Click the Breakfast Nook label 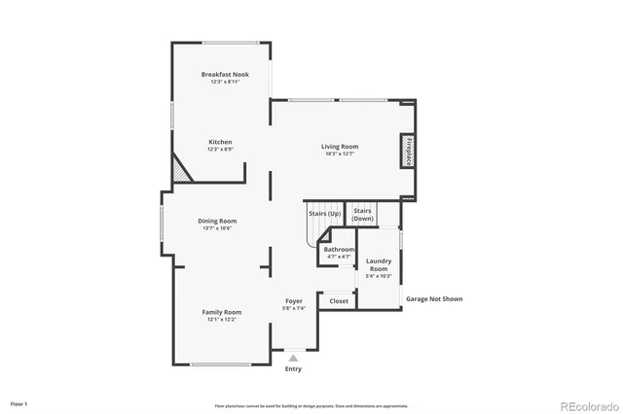click(x=221, y=75)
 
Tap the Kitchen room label click(x=219, y=142)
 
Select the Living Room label click(x=339, y=147)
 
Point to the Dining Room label click(x=219, y=221)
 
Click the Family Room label click(x=221, y=312)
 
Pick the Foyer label click(x=294, y=301)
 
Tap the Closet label click(x=339, y=301)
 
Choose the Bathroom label click(x=339, y=250)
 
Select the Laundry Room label click(x=378, y=264)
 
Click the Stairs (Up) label click(x=324, y=212)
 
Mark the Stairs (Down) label click(x=363, y=215)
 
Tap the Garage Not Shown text click(x=434, y=299)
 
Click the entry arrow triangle click(x=293, y=358)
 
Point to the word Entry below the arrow click(x=293, y=368)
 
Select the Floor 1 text click(x=19, y=402)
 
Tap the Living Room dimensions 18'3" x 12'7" click(x=339, y=154)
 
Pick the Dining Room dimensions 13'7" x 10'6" click(x=219, y=228)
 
